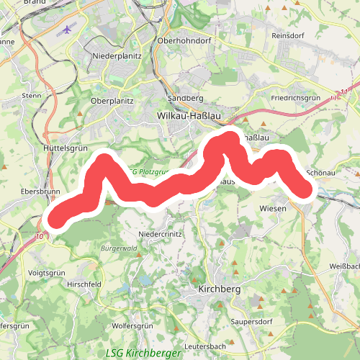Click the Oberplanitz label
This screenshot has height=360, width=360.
tap(112, 102)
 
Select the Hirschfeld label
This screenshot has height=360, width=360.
tap(84, 285)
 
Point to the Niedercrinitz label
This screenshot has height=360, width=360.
tap(161, 235)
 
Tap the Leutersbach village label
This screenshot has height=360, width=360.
tap(205, 346)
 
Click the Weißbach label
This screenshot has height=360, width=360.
tap(342, 266)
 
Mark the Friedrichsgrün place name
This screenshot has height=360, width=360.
tap(295, 97)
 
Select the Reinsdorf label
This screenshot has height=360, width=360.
tap(289, 35)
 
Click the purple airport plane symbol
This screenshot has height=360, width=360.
tap(67, 30)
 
